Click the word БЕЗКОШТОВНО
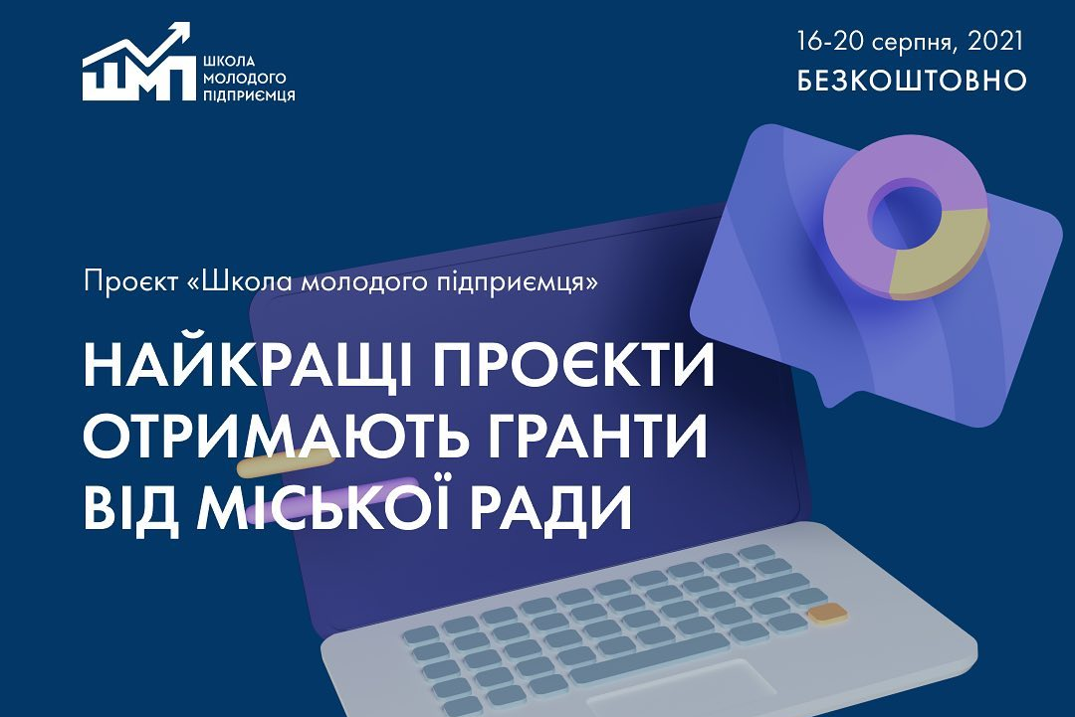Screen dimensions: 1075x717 912,81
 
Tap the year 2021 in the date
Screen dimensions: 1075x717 994,41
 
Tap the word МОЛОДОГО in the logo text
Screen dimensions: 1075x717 244,79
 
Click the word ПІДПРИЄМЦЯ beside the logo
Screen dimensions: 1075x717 249,94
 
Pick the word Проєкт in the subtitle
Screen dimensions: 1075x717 130,281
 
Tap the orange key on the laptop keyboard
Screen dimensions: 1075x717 827,613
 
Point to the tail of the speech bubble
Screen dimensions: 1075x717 833,393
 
